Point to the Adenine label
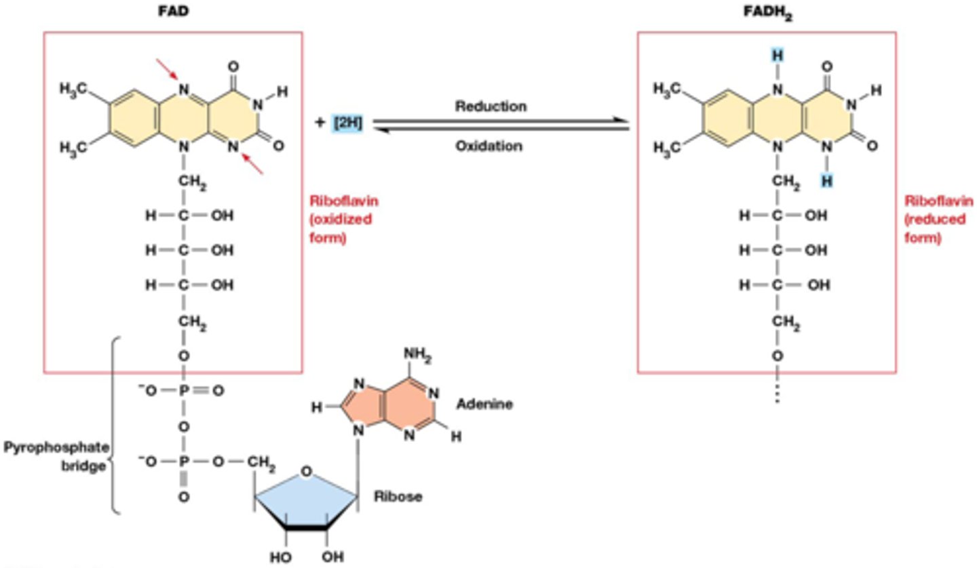coord(484,404)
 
